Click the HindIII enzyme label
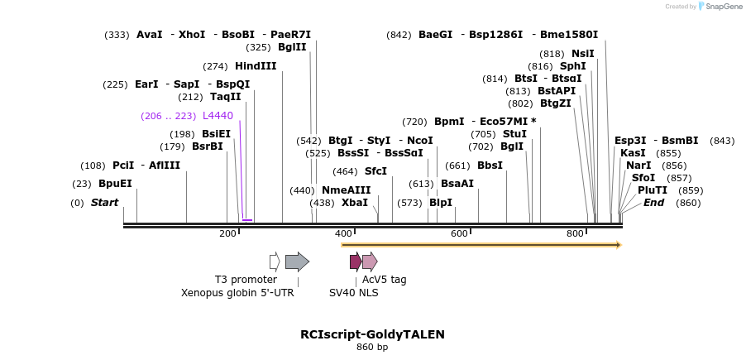pos(256,66)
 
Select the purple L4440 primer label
pos(218,116)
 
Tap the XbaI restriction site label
pos(355,203)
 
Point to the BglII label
pos(292,47)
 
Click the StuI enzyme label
pos(514,134)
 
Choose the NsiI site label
pos(583,53)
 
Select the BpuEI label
pos(115,184)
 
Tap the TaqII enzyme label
pos(225,97)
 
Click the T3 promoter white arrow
pos(275,262)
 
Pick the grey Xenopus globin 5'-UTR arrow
pos(297,262)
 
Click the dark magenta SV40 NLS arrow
pos(356,262)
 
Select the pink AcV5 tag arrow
pos(370,262)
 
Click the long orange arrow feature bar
pos(480,245)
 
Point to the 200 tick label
pos(227,234)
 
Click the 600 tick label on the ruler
pos(459,234)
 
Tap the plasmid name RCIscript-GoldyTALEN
pos(372,334)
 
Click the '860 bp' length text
pos(372,348)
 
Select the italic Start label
pos(104,203)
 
